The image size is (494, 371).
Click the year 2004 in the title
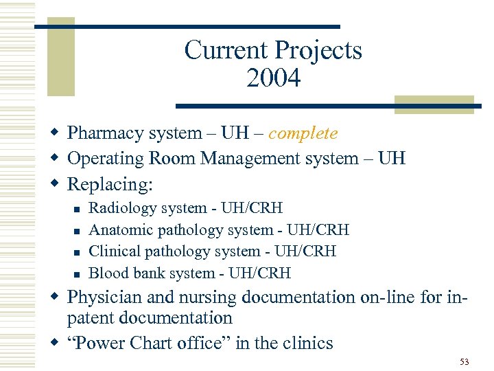(x=273, y=79)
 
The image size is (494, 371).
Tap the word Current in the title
(x=226, y=50)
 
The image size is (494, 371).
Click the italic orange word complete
(x=303, y=133)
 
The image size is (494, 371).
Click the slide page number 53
(x=464, y=361)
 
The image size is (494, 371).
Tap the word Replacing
(x=110, y=185)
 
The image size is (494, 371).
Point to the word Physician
(x=104, y=298)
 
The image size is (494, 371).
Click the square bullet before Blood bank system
(x=77, y=274)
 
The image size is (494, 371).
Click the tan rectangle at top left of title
(x=60, y=60)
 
